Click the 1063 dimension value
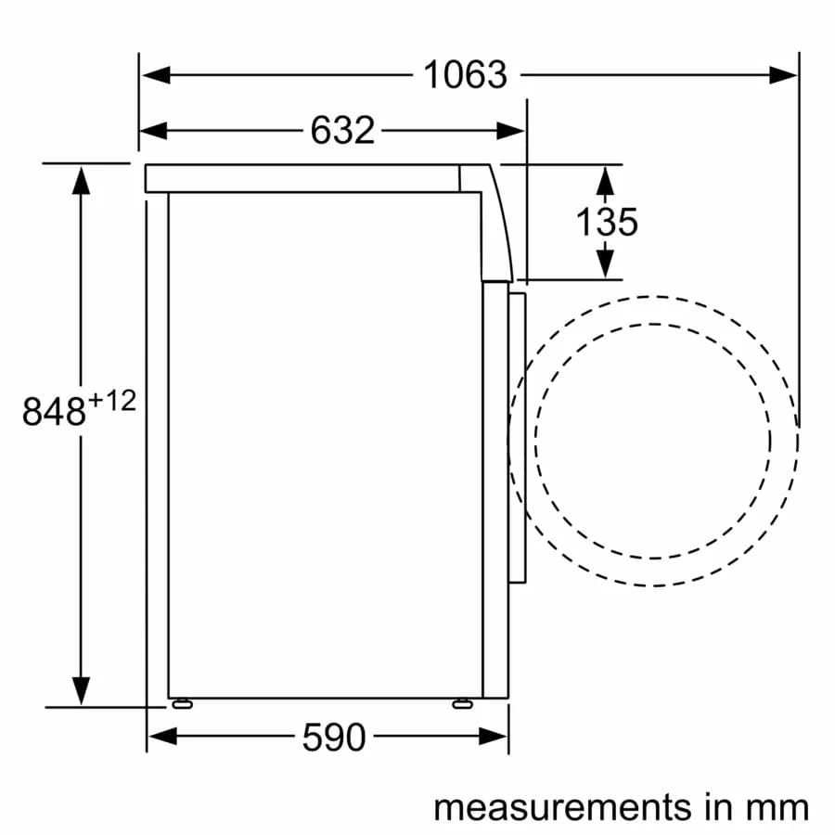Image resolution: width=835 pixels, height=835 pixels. point(466,75)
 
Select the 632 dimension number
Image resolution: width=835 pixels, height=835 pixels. point(342,131)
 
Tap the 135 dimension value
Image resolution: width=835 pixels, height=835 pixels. point(607,222)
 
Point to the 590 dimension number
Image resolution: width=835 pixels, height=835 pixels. point(334,738)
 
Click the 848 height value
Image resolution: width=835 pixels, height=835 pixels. point(55,412)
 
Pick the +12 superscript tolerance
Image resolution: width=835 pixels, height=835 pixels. point(113,401)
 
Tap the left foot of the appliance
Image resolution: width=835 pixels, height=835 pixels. point(181,703)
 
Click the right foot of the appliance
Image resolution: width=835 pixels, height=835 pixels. point(461,703)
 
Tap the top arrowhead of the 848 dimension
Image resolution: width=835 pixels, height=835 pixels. point(82,179)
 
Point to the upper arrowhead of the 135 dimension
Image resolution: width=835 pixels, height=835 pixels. point(606,179)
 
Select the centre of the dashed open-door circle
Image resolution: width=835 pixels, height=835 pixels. point(653,442)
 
